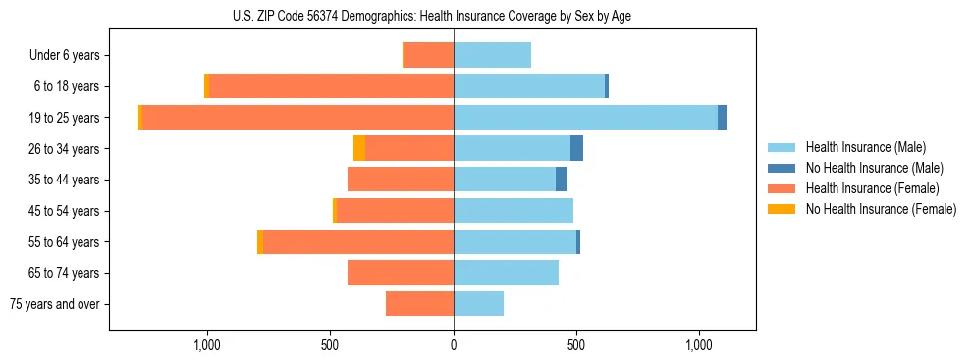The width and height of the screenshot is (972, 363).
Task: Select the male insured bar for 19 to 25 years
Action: point(585,118)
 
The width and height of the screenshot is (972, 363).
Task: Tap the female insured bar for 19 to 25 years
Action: point(297,118)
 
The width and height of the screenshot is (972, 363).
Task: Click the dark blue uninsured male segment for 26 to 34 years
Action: point(576,148)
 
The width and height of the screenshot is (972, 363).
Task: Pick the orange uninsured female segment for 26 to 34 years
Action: point(359,148)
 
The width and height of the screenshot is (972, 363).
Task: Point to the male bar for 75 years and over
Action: point(478,304)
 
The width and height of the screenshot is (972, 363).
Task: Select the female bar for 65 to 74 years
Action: point(401,273)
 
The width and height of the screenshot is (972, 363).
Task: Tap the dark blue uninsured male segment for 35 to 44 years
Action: point(562,180)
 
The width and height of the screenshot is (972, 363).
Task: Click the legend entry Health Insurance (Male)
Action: point(865,147)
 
